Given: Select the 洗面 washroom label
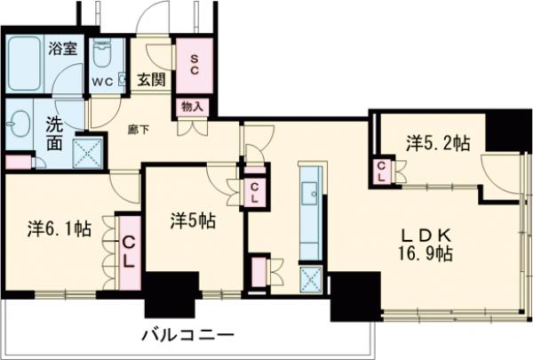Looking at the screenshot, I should click(55, 134).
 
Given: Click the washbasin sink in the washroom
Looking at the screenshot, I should click(20, 122).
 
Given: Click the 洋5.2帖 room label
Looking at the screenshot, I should click(439, 141).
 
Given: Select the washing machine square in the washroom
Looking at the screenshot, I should click(86, 150).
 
